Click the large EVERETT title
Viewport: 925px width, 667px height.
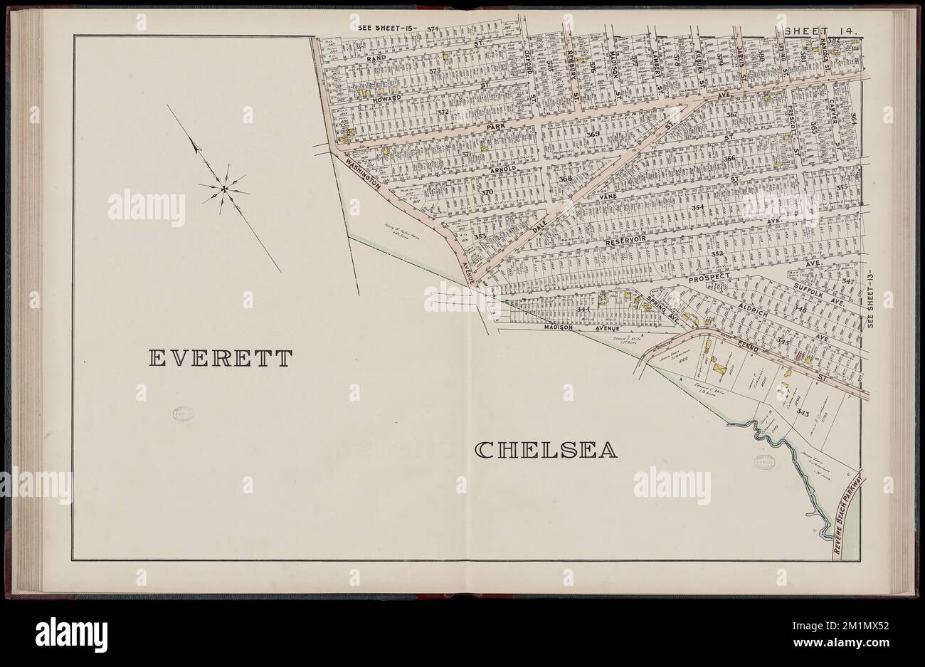[220, 358]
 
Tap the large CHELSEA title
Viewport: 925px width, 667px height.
[545, 450]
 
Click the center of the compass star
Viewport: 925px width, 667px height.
[223, 189]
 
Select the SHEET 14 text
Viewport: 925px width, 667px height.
[822, 31]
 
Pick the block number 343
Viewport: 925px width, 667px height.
[804, 412]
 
